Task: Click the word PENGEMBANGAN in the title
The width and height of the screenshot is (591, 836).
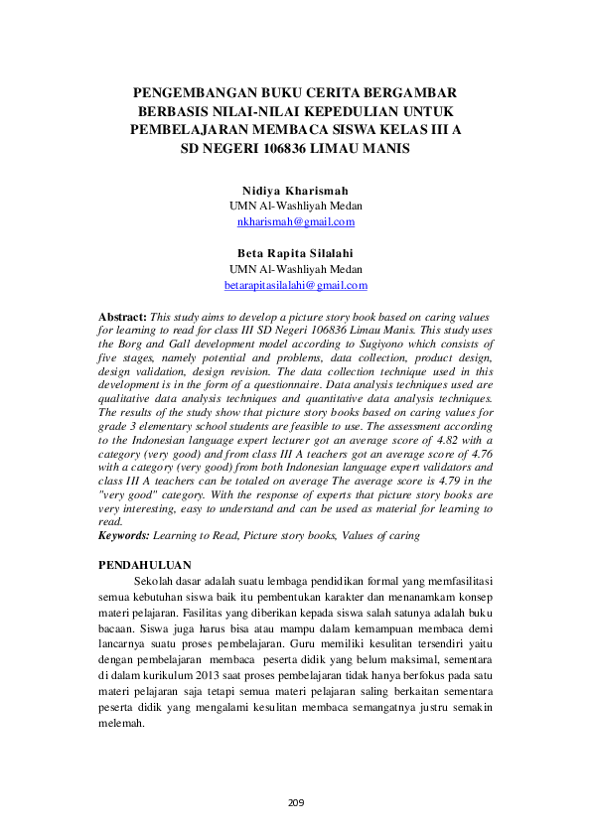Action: pyautogui.click(x=184, y=92)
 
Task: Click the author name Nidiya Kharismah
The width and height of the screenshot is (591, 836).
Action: pyautogui.click(x=295, y=190)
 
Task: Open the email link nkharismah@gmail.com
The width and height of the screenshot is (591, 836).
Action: pyautogui.click(x=295, y=221)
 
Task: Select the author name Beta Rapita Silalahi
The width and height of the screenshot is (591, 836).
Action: pyautogui.click(x=295, y=253)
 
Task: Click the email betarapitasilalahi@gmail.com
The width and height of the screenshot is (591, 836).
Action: pyautogui.click(x=295, y=285)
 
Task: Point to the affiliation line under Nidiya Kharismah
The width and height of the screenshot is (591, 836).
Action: pyautogui.click(x=295, y=206)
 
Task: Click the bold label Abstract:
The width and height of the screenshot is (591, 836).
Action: pyautogui.click(x=122, y=315)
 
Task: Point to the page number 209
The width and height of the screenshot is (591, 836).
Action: pyautogui.click(x=295, y=802)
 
